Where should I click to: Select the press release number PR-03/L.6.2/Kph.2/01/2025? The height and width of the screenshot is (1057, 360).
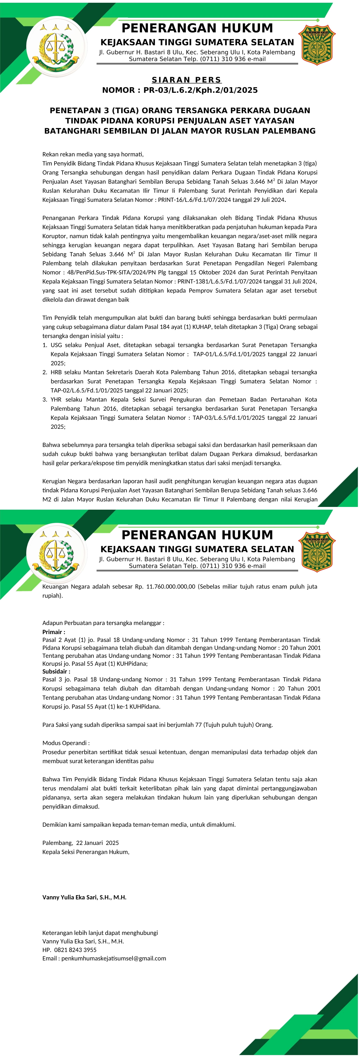(200, 90)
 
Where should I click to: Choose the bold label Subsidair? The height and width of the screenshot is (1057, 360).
(56, 672)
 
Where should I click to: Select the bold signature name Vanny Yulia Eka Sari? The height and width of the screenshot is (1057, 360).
(84, 897)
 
